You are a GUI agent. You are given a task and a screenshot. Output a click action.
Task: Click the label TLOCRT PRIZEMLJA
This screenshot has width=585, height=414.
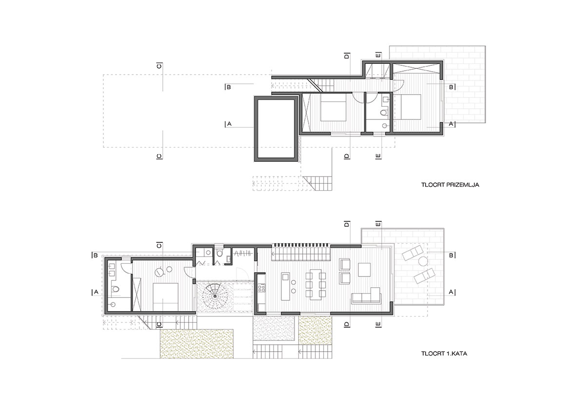tap(450, 185)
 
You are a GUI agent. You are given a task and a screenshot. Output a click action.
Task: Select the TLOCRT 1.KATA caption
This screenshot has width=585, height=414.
tap(444, 354)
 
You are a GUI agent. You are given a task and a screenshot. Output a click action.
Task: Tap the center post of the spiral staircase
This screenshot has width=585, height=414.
tap(215, 296)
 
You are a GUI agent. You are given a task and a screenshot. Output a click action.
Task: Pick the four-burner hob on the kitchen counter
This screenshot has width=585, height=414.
tap(261, 288)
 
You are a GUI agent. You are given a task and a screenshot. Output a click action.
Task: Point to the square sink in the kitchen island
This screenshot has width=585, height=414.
tap(285, 276)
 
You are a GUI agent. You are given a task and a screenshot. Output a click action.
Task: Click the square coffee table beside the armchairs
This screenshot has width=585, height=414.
tap(364, 270)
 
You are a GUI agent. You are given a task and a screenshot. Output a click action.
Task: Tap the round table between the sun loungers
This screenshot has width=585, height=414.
tap(423, 261)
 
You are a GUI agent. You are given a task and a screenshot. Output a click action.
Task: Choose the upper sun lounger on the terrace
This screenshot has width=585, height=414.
tap(412, 253)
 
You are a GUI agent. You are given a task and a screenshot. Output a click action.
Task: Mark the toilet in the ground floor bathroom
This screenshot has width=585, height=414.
tap(384, 113)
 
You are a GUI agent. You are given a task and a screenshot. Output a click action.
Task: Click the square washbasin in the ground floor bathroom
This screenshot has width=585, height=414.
tap(386, 99)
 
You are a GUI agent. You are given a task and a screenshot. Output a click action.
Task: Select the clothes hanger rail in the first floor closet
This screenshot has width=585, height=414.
tap(243, 253)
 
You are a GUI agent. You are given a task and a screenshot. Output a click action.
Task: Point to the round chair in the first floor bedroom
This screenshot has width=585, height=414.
tap(159, 272)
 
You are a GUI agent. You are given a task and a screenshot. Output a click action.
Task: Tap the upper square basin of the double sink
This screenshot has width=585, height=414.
tap(113, 266)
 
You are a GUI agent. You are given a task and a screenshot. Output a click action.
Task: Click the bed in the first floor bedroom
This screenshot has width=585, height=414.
tap(165, 296)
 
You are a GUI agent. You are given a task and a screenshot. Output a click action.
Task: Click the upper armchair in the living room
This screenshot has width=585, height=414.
tap(345, 264)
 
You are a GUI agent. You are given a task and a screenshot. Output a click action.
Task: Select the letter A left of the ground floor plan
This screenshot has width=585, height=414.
tap(229, 124)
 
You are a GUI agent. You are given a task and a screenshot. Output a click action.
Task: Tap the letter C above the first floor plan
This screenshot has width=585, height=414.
tap(159, 246)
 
